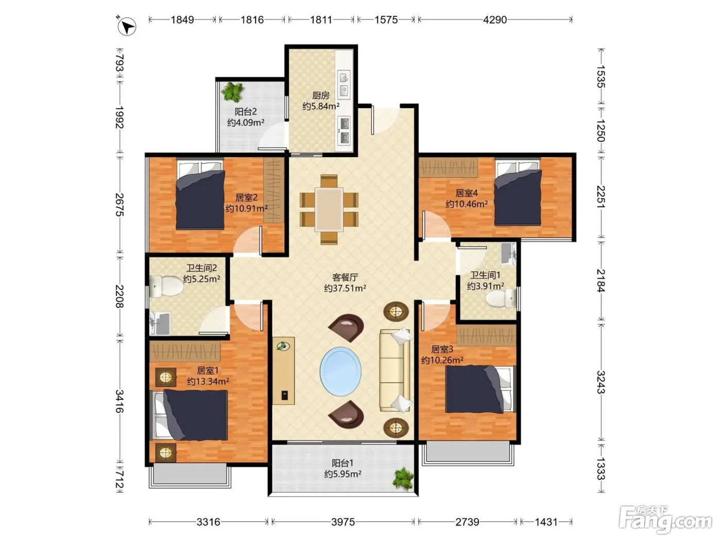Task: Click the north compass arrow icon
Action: coord(127,26)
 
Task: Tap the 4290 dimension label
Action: coord(495,20)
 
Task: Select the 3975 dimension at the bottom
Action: coord(343,521)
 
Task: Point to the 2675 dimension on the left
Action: coord(119,205)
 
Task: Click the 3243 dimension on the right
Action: coord(600,382)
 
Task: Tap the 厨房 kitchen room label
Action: coord(321,95)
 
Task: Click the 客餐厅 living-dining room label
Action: coord(345,277)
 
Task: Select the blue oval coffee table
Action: coord(340,371)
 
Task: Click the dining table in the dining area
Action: coord(329,209)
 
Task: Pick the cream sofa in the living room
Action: coord(396,370)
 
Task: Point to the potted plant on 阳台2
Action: coord(233,92)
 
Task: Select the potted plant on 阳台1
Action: coord(403,479)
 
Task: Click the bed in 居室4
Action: coord(518,192)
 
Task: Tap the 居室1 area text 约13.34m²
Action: coord(208,381)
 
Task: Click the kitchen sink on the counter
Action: coord(344,84)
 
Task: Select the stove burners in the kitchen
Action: coord(344,130)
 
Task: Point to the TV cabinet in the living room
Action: coord(283,370)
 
